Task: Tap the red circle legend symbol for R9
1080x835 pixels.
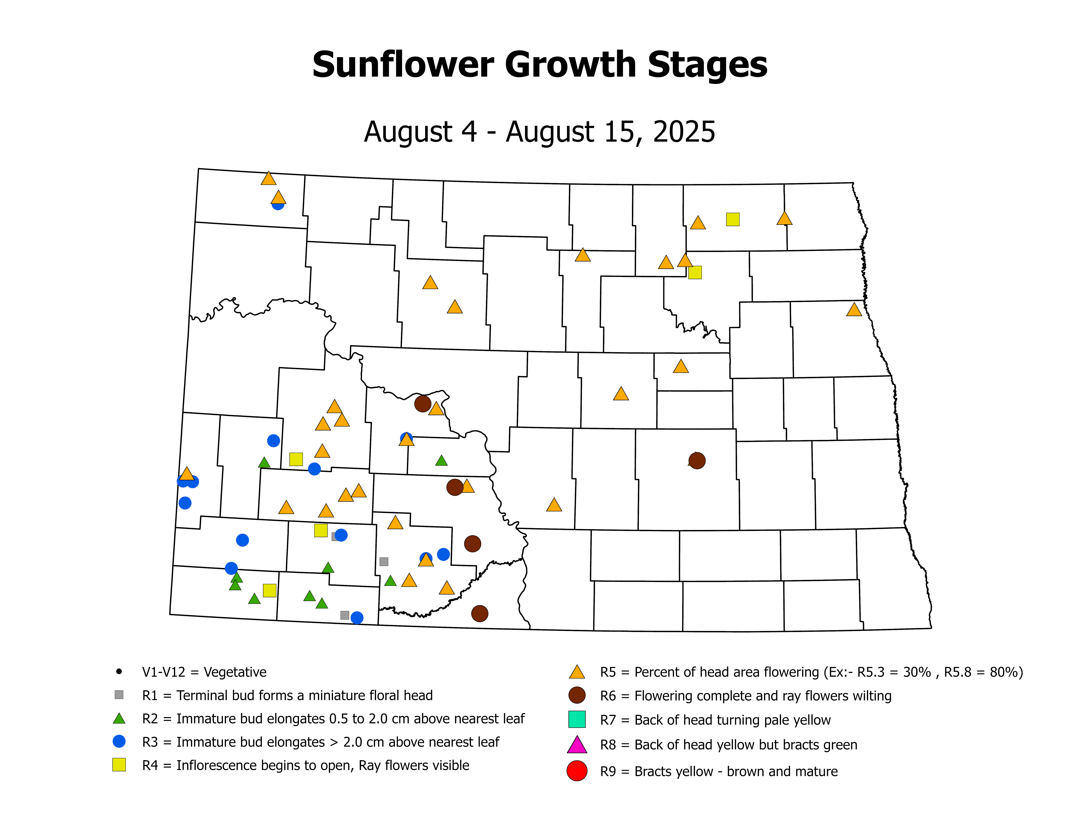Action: (577, 771)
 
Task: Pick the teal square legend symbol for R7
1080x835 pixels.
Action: (577, 719)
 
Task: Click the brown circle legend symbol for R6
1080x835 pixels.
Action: (577, 695)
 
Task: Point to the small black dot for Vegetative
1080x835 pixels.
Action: (119, 671)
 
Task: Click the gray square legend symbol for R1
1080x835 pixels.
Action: (119, 695)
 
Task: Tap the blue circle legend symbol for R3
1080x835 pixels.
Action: (119, 741)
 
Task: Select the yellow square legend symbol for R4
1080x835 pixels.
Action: (119, 765)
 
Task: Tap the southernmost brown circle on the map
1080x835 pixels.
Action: (479, 613)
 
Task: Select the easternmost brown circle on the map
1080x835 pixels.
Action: (697, 461)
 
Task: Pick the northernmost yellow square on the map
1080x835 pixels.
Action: (732, 219)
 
